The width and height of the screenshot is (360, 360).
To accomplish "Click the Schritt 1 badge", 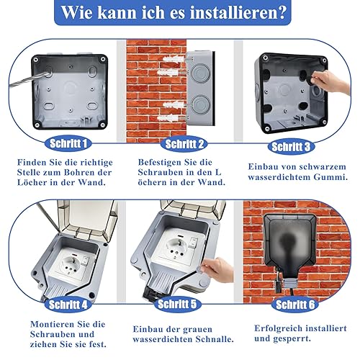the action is click(x=68, y=143).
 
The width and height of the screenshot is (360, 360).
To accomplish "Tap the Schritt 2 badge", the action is click(x=184, y=144).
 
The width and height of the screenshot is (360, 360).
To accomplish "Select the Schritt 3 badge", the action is click(x=291, y=147).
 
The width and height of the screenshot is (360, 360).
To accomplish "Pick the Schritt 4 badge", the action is click(x=68, y=305).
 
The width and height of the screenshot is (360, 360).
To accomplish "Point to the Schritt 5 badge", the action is click(x=177, y=304).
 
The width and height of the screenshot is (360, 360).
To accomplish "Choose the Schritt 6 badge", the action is click(x=295, y=305).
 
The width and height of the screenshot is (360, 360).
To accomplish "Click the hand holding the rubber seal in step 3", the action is click(x=329, y=83).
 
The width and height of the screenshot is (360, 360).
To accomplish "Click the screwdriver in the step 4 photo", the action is click(x=48, y=215).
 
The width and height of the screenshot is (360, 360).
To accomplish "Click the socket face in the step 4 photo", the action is click(x=71, y=264).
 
